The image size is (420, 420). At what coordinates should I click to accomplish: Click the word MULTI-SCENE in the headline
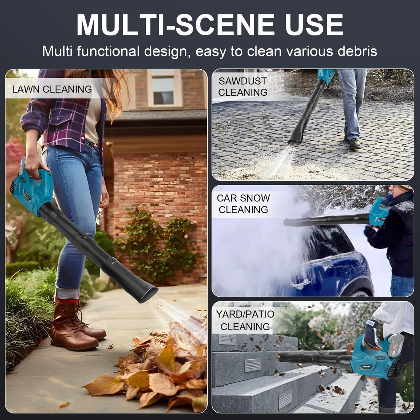click(x=176, y=24)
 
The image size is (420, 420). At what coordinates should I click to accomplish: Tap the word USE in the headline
click(x=314, y=24)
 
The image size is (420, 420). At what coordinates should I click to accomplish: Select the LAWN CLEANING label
click(x=52, y=89)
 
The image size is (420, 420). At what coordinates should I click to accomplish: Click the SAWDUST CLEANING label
click(x=243, y=86)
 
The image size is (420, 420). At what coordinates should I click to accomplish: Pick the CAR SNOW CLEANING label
click(x=243, y=203)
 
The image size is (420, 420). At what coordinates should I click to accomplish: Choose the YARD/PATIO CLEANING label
click(x=245, y=320)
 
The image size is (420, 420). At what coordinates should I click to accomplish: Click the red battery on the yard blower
click(x=395, y=346)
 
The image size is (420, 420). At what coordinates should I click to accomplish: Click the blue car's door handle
click(x=301, y=283)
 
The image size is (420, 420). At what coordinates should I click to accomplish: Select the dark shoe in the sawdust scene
click(x=354, y=143)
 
